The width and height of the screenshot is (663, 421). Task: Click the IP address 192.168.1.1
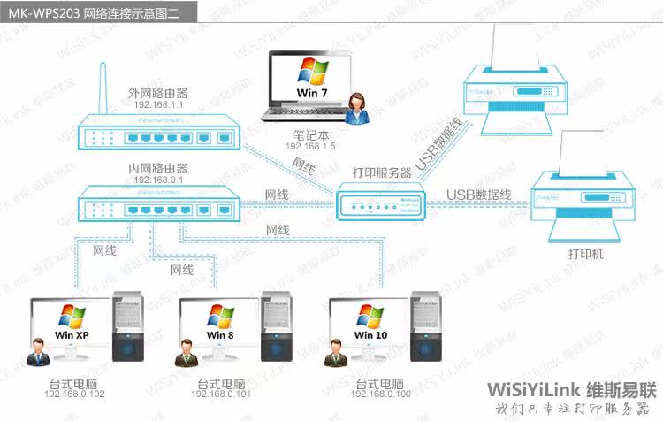point(158,104)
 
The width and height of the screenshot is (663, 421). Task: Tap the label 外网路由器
point(158,92)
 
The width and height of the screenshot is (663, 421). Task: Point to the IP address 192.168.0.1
point(158,180)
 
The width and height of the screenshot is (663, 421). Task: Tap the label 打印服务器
point(382,173)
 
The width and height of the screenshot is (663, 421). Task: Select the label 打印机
point(585,254)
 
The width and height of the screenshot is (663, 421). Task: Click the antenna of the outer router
point(100,88)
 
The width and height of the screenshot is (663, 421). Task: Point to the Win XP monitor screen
point(72,324)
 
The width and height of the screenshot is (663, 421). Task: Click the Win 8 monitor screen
point(220,324)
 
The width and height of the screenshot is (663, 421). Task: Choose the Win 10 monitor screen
point(370,324)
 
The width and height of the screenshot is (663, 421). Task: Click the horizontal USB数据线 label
point(478,195)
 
